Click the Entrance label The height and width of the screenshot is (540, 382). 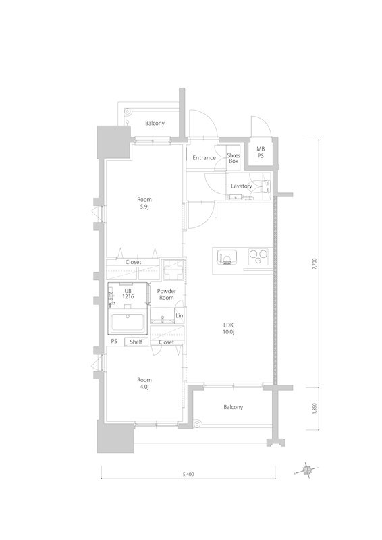coord(204,158)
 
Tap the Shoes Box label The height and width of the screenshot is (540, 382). coord(233,158)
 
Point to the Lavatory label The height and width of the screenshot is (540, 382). coord(241,186)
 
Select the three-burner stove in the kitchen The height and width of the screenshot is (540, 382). coord(258,256)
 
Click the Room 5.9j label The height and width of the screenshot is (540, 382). coord(144,203)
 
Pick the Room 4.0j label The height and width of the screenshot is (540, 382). coord(144,383)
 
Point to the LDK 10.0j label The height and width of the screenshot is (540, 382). coord(229,328)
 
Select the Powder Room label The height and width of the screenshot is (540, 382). coord(166,294)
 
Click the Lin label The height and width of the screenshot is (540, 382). coord(179,316)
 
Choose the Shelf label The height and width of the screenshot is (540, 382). coord(136,342)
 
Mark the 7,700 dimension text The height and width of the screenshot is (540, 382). coord(313,264)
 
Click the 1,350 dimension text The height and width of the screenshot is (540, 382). coord(313,408)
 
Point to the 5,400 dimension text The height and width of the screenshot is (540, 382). coord(188,475)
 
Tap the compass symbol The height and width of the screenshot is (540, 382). coord(308,468)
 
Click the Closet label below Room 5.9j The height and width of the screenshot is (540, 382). coord(133,262)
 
